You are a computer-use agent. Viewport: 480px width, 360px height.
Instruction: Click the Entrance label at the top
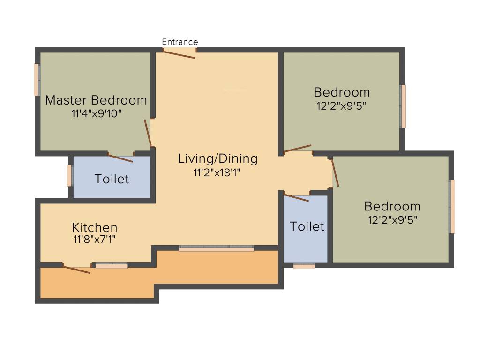point(180,42)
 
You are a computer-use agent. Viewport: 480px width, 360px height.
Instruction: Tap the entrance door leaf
point(179,54)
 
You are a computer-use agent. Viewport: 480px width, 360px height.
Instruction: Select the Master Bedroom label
point(96,100)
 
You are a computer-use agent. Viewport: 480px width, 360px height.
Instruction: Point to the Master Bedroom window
point(37,79)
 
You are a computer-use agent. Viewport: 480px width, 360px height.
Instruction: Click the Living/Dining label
point(217,158)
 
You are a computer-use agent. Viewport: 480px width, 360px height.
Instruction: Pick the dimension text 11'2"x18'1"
point(217,172)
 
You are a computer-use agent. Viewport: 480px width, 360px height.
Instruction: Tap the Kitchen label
point(95,228)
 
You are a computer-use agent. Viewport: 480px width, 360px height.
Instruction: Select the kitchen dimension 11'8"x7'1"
point(94,240)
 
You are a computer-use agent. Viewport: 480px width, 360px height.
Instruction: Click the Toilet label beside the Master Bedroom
point(112,179)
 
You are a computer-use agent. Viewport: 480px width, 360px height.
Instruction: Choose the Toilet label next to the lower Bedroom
point(307,226)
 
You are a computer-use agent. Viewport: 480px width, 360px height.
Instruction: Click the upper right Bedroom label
point(342,92)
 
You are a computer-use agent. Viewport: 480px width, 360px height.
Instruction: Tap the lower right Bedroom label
point(392,206)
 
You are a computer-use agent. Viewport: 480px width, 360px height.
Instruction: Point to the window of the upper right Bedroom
point(403,106)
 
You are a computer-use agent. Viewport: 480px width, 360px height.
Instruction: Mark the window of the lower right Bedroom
point(452,206)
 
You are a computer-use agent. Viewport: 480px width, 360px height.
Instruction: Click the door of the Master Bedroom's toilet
point(120,157)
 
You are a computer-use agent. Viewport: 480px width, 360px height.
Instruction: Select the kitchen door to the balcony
point(77,270)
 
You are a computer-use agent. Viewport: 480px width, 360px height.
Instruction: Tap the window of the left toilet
point(69,175)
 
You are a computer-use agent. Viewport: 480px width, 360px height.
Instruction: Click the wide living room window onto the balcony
point(217,248)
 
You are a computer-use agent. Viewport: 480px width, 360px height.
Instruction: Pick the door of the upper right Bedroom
point(298,149)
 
